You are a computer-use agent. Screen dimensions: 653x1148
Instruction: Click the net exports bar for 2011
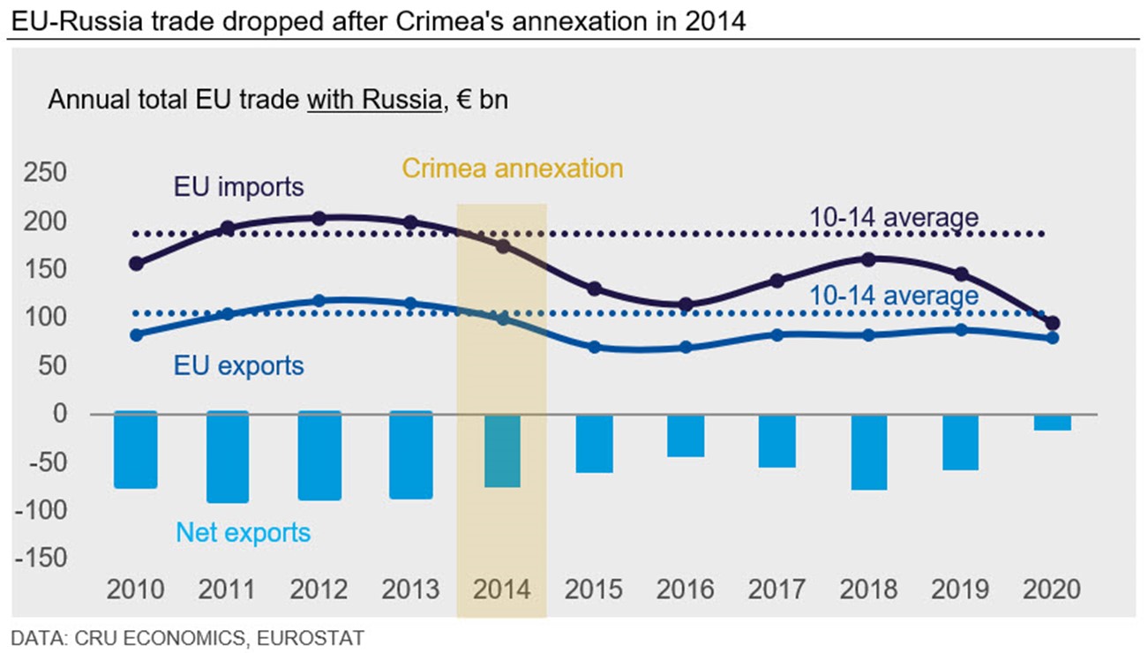pos(228,457)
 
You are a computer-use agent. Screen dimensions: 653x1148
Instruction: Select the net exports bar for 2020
pos(1052,422)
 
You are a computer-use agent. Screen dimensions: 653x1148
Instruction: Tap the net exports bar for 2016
pos(686,434)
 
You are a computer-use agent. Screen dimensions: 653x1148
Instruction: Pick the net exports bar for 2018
pos(869,451)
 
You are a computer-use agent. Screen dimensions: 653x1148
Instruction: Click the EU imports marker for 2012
pos(319,218)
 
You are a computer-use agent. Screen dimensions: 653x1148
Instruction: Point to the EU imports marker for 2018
pos(868,259)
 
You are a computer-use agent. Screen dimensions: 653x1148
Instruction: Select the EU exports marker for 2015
pos(594,347)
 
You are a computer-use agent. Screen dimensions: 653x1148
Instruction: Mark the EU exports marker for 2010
pos(136,334)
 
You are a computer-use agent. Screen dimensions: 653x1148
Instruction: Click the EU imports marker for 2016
pos(686,304)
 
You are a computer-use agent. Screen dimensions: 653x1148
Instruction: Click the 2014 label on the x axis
pos(502,589)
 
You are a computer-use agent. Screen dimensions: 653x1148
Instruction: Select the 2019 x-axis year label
pos(960,589)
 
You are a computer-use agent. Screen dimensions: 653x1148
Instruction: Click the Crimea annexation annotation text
pos(512,168)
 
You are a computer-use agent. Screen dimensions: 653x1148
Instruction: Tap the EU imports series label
pos(238,187)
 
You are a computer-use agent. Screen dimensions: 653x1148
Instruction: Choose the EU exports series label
pos(238,365)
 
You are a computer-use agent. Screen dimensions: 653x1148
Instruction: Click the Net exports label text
pos(243,532)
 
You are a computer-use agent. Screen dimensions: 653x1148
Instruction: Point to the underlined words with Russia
pos(373,100)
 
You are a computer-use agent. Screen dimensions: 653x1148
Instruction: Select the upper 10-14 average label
pos(894,216)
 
